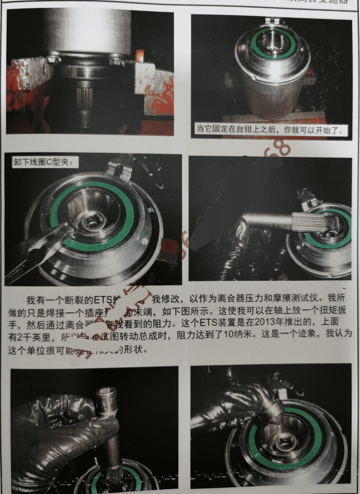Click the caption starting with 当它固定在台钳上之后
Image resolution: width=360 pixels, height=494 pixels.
point(271,130)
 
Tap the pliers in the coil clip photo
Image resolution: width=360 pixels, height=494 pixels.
point(39,251)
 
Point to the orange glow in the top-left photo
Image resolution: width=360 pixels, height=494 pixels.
point(139,56)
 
